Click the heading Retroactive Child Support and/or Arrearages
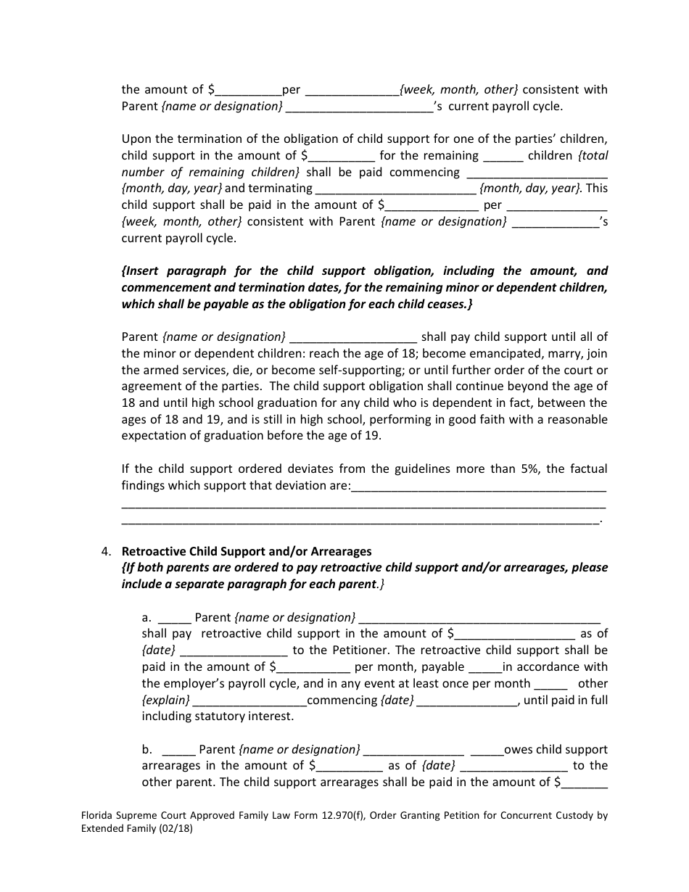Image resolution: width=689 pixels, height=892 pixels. pyautogui.click(x=246, y=551)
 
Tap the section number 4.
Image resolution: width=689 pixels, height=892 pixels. pyautogui.click(x=106, y=551)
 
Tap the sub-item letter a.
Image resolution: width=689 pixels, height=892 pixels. pyautogui.click(x=147, y=618)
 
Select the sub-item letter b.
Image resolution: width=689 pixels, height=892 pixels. pyautogui.click(x=147, y=750)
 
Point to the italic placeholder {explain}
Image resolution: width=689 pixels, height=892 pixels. pyautogui.click(x=166, y=701)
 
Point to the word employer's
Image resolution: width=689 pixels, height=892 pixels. pyautogui.click(x=198, y=684)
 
